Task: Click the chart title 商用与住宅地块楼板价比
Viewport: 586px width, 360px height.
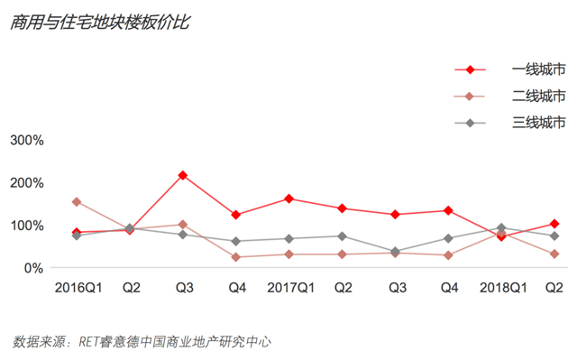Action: [x=100, y=23]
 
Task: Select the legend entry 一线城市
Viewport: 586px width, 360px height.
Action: [x=538, y=69]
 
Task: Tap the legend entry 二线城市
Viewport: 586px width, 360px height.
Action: [x=538, y=96]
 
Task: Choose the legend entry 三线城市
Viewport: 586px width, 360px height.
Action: [x=538, y=123]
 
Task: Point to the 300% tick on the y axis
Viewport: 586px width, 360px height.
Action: [x=27, y=141]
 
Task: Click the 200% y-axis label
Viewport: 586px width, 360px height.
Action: [x=27, y=183]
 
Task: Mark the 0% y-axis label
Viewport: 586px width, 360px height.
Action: [x=33, y=268]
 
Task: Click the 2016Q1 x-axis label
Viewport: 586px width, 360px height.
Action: [x=78, y=288]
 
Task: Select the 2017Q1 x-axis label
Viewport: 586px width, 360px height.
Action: [x=291, y=288]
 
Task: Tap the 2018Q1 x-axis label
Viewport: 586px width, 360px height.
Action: [x=503, y=288]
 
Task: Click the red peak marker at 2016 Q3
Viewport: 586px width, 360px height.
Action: [x=183, y=175]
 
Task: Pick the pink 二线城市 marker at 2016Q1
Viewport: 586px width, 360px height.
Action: [x=77, y=202]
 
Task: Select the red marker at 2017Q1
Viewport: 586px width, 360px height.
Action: [x=288, y=198]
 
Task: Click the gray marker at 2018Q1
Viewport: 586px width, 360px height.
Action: [x=501, y=228]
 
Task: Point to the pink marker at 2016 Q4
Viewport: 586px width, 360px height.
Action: [x=236, y=257]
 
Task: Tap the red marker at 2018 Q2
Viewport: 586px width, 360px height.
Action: [x=554, y=224]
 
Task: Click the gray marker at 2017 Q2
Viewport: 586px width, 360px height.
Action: [x=342, y=236]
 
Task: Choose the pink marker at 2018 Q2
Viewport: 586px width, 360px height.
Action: [x=554, y=254]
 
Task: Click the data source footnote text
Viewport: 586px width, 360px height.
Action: [x=142, y=342]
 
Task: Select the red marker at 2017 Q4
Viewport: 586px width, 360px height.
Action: [x=448, y=211]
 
